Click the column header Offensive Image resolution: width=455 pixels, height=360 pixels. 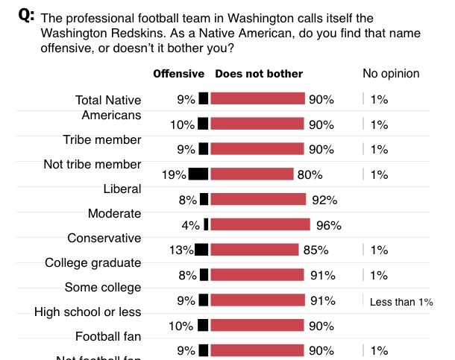coord(178,74)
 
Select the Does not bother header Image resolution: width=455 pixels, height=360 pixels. coord(259,74)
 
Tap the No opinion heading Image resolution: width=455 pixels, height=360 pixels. coord(391,74)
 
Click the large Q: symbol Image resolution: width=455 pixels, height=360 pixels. coord(26,16)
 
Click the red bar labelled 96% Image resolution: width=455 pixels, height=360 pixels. coord(260,224)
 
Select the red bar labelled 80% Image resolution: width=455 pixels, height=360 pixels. coord(252,174)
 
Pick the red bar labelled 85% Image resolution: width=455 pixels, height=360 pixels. coord(255,250)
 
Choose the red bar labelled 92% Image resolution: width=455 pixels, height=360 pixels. coord(259,199)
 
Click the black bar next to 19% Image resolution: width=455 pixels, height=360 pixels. coord(198,174)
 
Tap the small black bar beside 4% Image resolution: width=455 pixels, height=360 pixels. coord(206,224)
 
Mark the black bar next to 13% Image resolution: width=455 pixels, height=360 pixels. coord(201,250)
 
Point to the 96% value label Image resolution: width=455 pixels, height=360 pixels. coord(328,225)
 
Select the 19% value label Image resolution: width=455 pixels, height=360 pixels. coord(175,175)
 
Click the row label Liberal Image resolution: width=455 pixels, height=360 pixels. coord(122,189)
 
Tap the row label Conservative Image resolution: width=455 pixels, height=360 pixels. coord(104,239)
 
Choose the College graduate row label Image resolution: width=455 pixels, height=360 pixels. coord(92,263)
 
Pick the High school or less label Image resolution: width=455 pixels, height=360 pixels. coord(88,312)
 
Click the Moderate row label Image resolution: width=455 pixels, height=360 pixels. coord(114,214)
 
